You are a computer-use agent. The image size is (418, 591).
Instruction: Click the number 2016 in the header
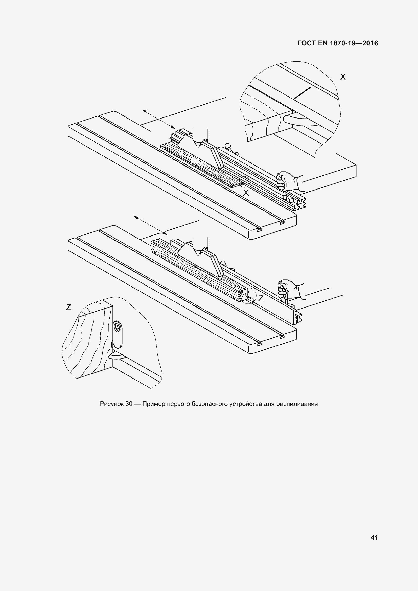pos(370,43)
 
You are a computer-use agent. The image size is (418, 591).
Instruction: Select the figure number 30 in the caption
pos(129,404)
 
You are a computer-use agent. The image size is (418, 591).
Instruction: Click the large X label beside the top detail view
pos(343,77)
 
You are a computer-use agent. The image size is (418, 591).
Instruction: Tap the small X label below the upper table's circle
pos(246,193)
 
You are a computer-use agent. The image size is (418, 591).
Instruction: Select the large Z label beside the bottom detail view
pos(68,307)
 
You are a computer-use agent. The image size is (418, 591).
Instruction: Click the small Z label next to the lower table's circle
pos(261,298)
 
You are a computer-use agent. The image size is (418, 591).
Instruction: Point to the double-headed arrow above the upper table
pos(158,119)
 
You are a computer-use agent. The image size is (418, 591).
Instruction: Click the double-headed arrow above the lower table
pos(150,225)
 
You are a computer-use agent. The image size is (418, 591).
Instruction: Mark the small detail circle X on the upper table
pos(244,182)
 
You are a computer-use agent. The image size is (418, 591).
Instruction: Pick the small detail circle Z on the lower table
pos(249,297)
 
